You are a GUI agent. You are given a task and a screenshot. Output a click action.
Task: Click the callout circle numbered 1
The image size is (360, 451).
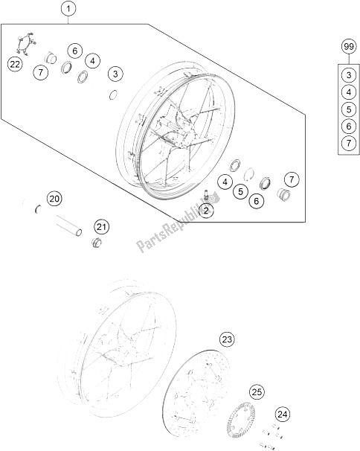coord(68,10)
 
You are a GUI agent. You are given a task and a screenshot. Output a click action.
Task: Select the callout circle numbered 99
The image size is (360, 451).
coord(347,48)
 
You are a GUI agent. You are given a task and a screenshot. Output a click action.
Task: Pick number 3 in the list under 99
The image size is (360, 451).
coord(347,74)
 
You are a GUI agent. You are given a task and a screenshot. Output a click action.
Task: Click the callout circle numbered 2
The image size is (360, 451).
coord(206,211)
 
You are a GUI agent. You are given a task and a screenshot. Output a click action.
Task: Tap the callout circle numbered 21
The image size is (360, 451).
coord(101,226)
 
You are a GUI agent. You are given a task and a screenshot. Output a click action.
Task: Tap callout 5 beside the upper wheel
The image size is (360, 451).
coord(241,191)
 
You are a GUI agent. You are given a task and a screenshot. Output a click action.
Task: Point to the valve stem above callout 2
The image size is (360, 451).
coord(204,195)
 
